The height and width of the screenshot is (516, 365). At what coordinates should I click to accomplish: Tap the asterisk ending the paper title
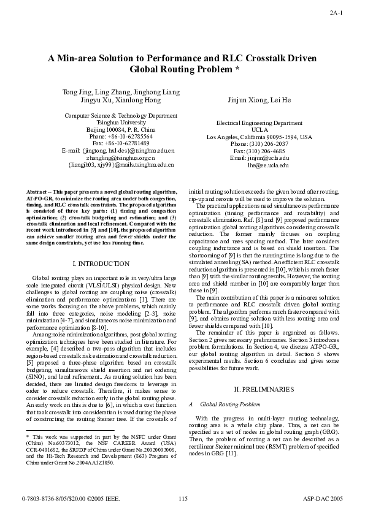tap(236, 70)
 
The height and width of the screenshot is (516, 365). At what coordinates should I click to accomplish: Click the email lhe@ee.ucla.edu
tap(267, 165)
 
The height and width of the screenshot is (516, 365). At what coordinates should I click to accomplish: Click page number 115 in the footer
tap(182, 500)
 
